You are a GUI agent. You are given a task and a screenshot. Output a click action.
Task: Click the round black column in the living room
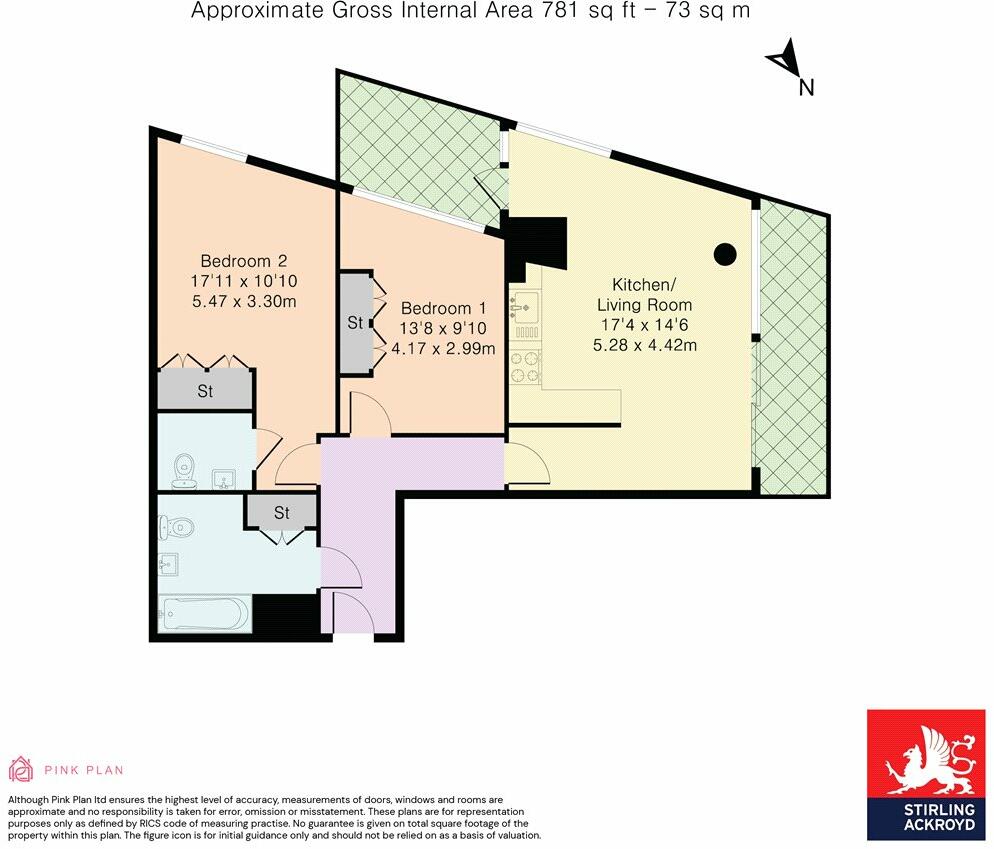tap(725, 254)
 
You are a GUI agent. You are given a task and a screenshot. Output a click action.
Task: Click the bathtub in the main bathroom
tap(204, 613)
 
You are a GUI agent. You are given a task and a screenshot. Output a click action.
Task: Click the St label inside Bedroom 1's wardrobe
tap(355, 323)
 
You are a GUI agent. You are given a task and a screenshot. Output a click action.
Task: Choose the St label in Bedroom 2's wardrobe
tap(205, 391)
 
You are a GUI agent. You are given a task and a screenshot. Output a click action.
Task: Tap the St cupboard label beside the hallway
tap(282, 513)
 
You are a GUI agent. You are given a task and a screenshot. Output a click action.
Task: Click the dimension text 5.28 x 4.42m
tap(646, 346)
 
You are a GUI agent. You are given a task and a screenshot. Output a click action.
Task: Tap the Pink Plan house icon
tap(20, 770)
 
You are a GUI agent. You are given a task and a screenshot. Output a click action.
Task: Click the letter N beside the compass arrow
tap(806, 88)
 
